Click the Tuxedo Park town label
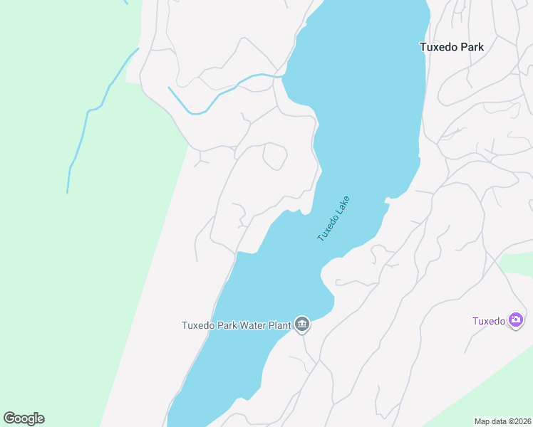point(451,47)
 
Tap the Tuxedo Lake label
point(334,218)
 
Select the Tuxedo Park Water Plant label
point(237,326)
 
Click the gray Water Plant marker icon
point(302,325)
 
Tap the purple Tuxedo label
point(489,320)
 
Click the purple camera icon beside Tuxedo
point(517,320)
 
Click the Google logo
point(24,418)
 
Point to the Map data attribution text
point(502,421)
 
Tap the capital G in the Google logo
point(10,418)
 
